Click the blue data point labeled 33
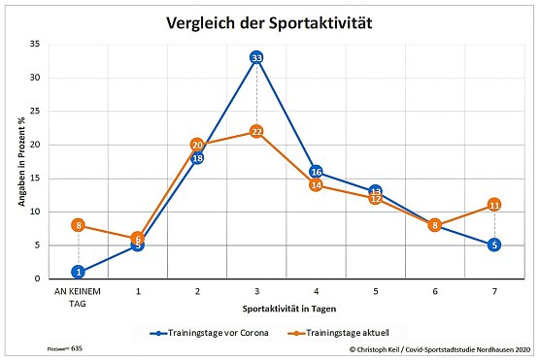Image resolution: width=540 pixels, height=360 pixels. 256,58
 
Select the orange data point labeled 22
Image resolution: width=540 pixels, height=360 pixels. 256,131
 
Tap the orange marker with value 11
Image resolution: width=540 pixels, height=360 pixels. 494,205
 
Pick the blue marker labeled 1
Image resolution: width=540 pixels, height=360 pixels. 78,272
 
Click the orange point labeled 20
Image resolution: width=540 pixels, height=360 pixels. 197,145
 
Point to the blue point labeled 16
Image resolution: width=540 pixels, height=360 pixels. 316,172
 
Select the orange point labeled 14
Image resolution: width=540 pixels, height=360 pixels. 316,184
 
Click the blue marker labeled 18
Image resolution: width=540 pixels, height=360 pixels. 197,158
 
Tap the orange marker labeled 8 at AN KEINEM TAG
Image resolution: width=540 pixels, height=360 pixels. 78,225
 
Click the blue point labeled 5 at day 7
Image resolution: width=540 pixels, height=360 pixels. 494,245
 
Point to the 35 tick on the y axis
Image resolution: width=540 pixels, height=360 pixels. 34,45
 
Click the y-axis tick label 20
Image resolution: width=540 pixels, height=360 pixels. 34,145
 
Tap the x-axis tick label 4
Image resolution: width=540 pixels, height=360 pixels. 316,289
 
